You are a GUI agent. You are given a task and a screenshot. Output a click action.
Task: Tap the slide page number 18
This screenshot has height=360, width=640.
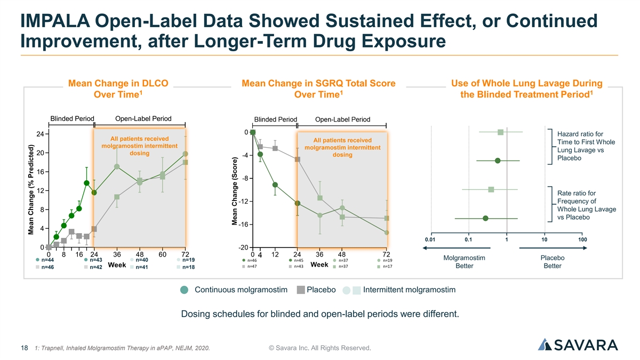[24, 348]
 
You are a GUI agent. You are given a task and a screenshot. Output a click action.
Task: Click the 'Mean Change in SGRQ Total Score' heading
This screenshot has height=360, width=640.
[318, 83]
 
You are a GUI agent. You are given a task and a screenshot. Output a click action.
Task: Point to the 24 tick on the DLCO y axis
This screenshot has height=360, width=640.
[40, 134]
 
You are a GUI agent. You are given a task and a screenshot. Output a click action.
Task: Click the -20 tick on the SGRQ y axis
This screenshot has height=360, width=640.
[242, 248]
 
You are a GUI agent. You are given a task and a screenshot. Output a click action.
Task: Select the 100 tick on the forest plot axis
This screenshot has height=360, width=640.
[582, 239]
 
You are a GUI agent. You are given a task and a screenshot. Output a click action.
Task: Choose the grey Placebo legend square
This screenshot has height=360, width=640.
[301, 290]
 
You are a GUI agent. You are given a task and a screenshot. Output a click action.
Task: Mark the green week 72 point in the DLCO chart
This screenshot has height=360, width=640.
[185, 154]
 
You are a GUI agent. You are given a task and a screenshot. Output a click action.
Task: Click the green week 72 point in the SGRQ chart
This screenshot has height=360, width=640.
[387, 233]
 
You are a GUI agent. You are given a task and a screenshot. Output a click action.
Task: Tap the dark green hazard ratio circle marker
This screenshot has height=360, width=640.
[498, 161]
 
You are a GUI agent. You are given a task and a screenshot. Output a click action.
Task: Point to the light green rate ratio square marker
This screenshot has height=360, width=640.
[491, 189]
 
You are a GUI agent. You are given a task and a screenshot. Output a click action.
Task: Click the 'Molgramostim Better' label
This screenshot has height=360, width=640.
[464, 262]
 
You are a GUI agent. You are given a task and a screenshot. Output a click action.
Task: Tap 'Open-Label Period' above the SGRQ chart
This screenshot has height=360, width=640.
[343, 119]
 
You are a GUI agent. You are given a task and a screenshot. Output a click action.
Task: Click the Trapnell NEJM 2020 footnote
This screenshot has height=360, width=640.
[122, 349]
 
